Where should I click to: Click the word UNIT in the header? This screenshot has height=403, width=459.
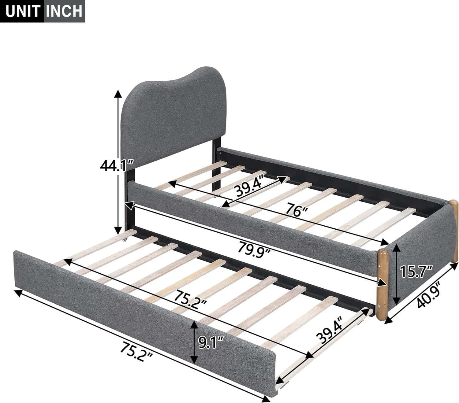tap(23, 11)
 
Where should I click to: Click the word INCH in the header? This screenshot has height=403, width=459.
tap(65, 11)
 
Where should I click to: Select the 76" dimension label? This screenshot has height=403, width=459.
tap(296, 211)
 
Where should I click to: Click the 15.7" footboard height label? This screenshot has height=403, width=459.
tap(416, 272)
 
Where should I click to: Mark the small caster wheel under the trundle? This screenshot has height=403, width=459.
tap(125, 240)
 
